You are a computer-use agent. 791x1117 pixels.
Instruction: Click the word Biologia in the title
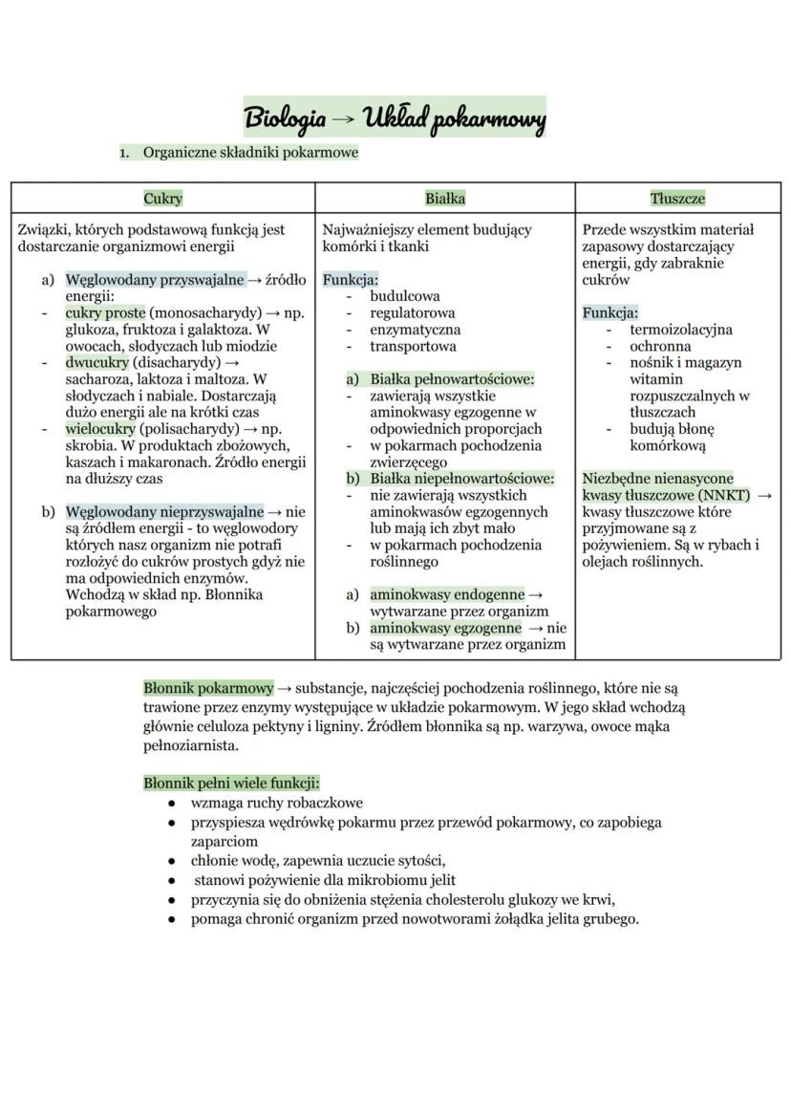click(285, 119)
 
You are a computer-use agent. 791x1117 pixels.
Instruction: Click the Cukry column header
click(162, 199)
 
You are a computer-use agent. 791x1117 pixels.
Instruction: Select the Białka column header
click(444, 199)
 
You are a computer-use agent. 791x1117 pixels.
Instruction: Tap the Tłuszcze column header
click(677, 199)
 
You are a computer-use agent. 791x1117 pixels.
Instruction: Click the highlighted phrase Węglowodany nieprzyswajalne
click(164, 512)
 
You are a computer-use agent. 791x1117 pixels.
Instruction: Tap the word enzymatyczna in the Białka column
click(415, 330)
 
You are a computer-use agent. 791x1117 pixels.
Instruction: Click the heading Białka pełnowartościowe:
click(452, 379)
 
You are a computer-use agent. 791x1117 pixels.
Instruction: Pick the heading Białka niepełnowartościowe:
click(462, 479)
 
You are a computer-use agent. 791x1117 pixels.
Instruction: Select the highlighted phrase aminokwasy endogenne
click(446, 595)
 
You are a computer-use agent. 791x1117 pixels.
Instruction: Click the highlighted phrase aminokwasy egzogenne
click(445, 628)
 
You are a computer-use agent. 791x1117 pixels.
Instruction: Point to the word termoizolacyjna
click(680, 330)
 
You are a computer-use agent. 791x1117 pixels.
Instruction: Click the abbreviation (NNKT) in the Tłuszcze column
click(724, 495)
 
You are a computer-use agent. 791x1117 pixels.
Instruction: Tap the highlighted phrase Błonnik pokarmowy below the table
click(208, 688)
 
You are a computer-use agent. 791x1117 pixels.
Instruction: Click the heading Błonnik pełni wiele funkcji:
click(231, 783)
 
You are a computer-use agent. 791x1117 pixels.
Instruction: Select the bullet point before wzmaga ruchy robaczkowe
click(171, 804)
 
